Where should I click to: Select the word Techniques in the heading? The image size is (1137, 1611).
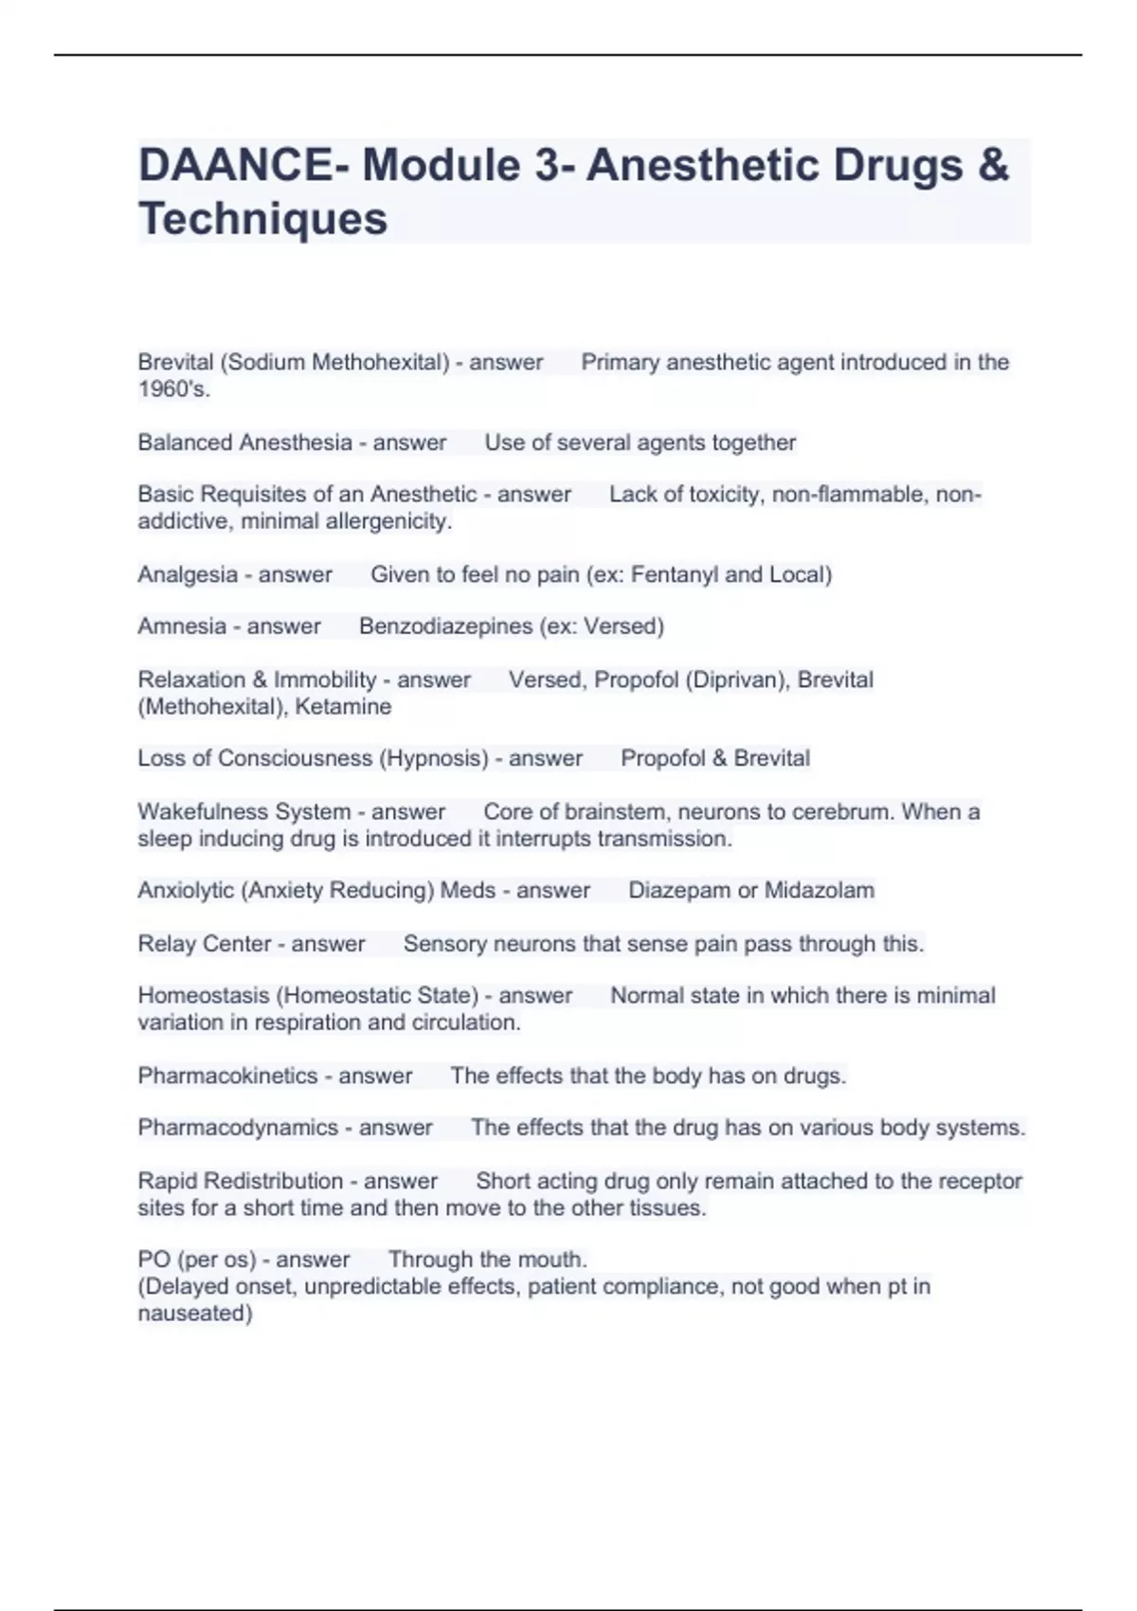(x=262, y=219)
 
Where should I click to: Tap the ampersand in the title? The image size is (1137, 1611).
(x=993, y=165)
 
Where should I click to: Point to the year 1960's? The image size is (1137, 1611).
(x=172, y=389)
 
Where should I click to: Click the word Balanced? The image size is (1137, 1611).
(x=184, y=443)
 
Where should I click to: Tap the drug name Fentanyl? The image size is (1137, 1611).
(x=674, y=574)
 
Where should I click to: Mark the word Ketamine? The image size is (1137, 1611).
(x=343, y=707)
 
